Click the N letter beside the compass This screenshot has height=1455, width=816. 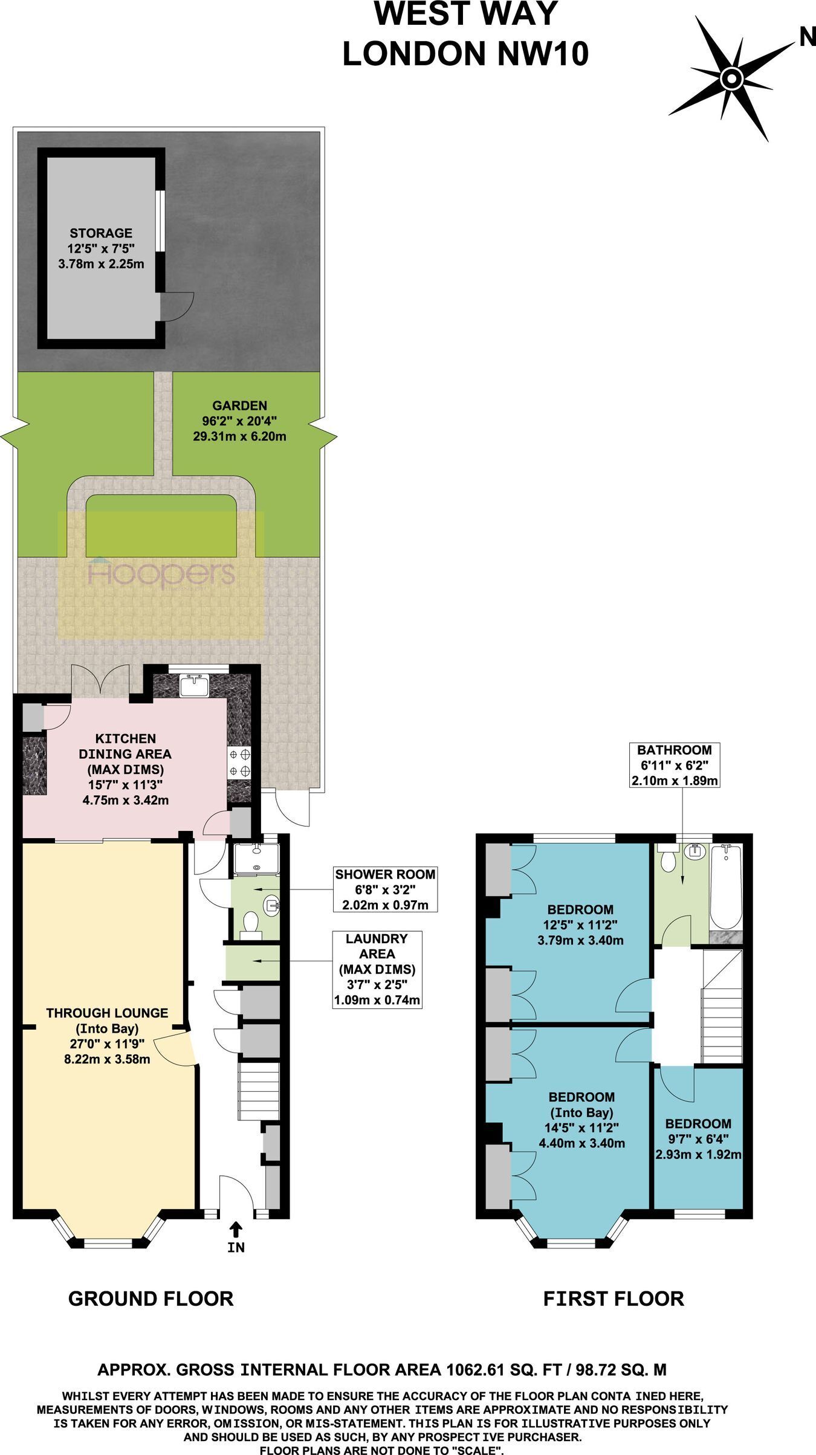807,37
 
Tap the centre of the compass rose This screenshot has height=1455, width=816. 731,79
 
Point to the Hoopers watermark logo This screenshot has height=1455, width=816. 161,572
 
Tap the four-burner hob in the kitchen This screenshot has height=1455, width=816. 239,763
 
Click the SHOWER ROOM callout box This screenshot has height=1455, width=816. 385,889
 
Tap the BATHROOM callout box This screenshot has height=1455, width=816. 675,765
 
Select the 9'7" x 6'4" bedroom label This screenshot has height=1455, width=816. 698,1139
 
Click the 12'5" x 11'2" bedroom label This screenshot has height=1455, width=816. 580,924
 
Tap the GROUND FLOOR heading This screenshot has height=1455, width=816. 151,1299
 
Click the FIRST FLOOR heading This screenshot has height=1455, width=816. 614,1299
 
